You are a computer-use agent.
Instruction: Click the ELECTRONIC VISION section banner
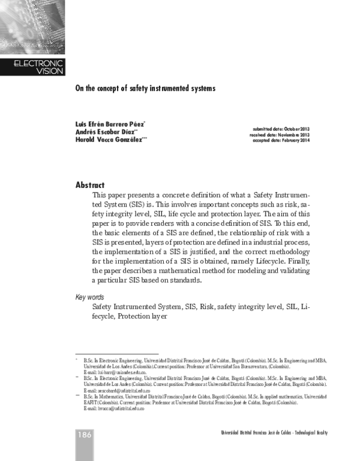pos(37,67)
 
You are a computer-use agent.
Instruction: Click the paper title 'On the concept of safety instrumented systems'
pos(145,88)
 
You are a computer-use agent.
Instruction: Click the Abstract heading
pos(90,185)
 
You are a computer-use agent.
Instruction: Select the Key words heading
pos(90,297)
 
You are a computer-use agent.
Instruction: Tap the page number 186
pos(84,434)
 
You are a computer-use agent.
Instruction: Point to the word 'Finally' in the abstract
pos(296,262)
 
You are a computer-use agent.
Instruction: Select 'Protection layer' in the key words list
pos(142,316)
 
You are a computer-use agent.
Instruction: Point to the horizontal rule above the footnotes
pos(116,354)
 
